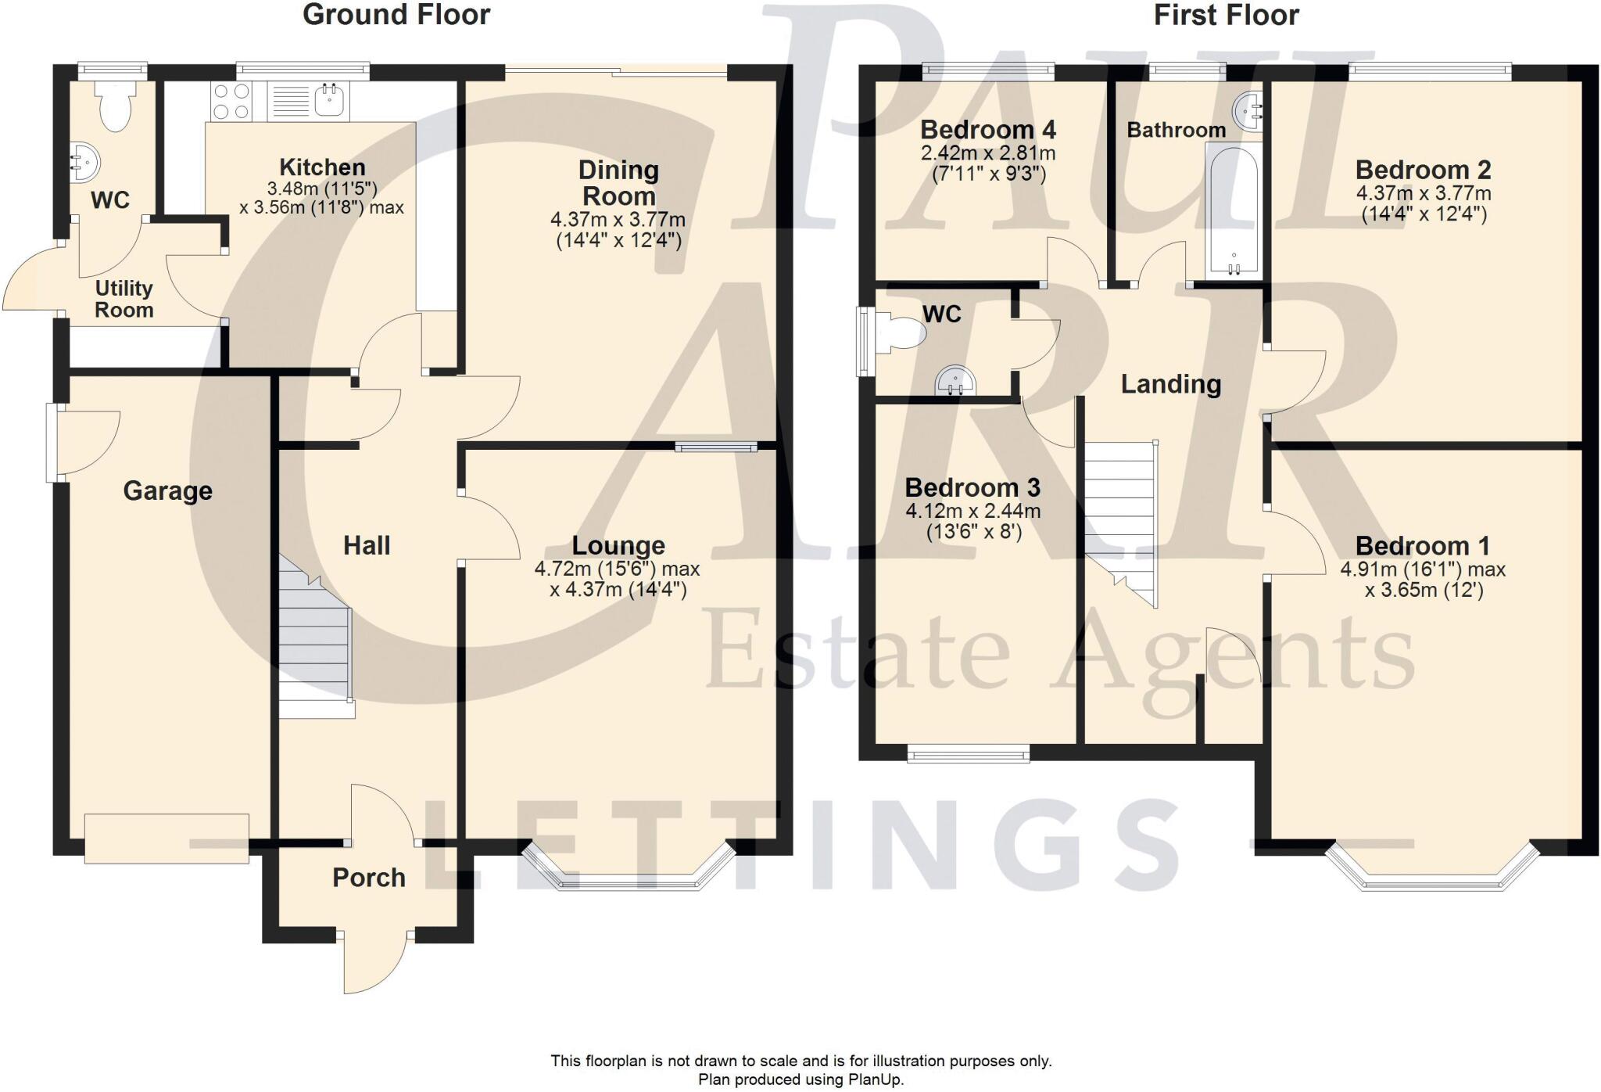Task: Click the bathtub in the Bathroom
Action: click(1234, 210)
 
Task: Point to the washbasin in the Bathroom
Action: click(1248, 112)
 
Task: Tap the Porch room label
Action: click(369, 878)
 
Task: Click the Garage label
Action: click(167, 490)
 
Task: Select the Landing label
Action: click(1170, 384)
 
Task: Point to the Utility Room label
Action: click(124, 299)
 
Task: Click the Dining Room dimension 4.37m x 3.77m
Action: click(618, 221)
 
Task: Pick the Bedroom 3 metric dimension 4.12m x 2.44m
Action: click(972, 512)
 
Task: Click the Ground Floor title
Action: click(396, 15)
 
